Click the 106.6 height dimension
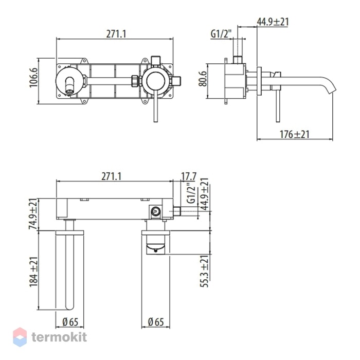point(33,77)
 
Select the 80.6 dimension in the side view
point(203,79)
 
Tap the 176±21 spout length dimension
point(295,134)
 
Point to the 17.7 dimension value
point(189,176)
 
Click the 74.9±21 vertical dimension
point(33,214)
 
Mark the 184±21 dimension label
point(33,272)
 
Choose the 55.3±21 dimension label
point(204,271)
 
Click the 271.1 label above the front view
point(116,34)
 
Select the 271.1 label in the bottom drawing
point(112,176)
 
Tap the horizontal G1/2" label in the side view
point(221,34)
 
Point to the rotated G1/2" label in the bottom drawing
point(191,193)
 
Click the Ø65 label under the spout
point(70,322)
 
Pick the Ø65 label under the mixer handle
point(156,322)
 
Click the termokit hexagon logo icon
point(20,337)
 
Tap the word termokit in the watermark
point(59,337)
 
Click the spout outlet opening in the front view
point(69,92)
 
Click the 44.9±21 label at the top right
point(273,22)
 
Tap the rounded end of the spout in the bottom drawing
point(70,307)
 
